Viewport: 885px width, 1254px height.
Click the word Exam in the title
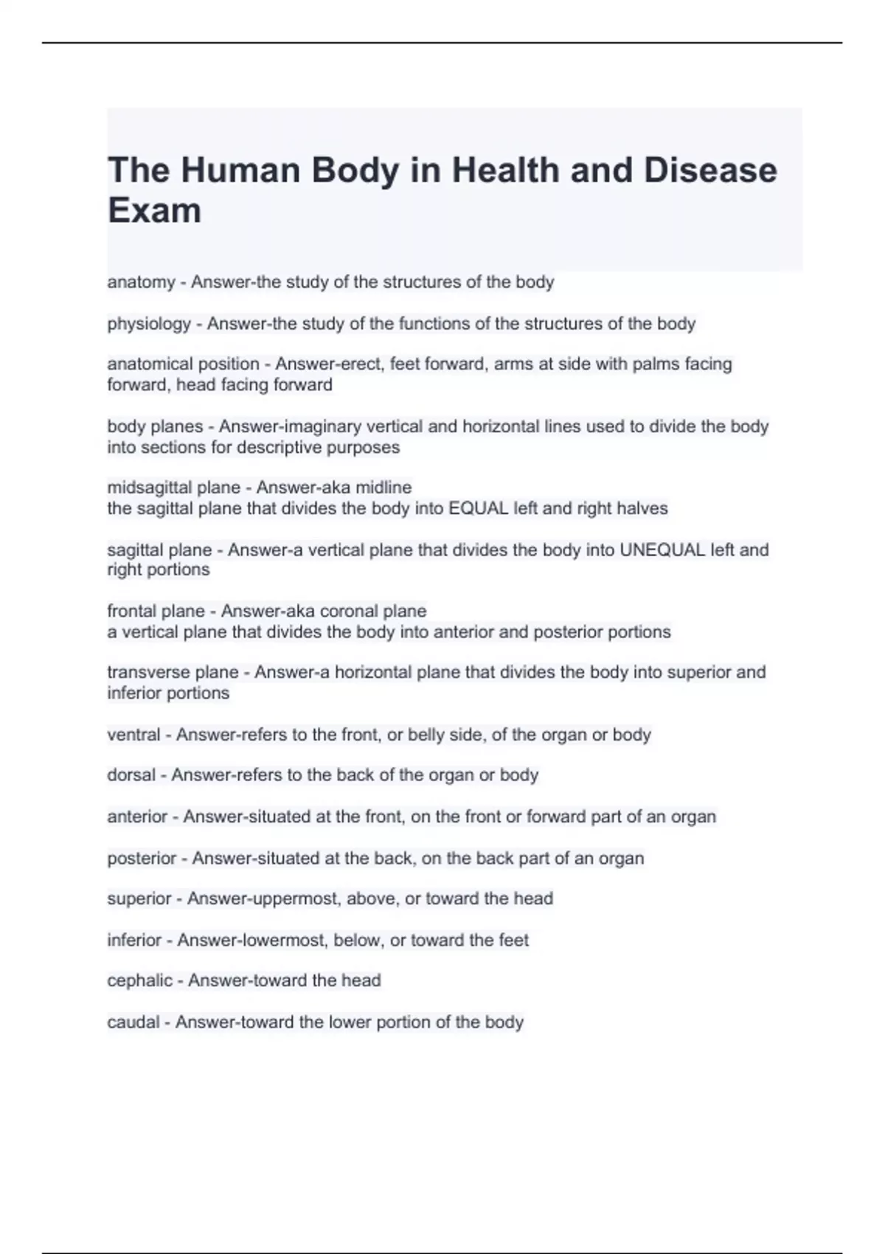click(x=154, y=210)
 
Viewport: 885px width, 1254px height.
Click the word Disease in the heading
click(x=710, y=170)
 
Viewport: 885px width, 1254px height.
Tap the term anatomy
click(x=141, y=283)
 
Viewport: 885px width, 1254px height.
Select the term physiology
click(x=149, y=324)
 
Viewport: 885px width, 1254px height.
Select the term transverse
click(x=148, y=672)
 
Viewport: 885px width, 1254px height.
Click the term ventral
click(x=133, y=735)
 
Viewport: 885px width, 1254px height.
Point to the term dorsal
click(x=131, y=775)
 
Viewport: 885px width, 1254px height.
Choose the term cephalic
click(x=139, y=980)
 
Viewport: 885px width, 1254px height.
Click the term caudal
click(x=133, y=1022)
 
